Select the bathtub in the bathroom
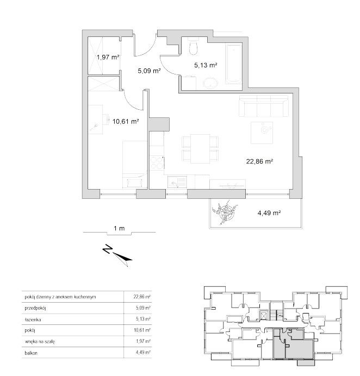pos(233,64)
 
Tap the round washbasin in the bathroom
pos(211,83)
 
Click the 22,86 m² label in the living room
pos(260,161)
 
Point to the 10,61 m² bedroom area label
pos(126,121)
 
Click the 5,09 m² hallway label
pos(149,71)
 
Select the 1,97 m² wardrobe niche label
pos(108,57)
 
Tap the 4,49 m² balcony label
pos(269,212)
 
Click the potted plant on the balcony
pos(225,212)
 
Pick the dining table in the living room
pos(200,149)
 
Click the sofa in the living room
pos(264,106)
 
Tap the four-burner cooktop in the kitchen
pos(157,162)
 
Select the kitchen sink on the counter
pos(177,182)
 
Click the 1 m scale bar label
pos(119,228)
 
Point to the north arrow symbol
pos(117,255)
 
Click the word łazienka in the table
pos(33,319)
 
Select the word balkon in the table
pos(31,353)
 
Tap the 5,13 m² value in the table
pos(143,319)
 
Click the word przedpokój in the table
pos(35,308)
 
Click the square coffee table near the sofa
pos(262,133)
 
